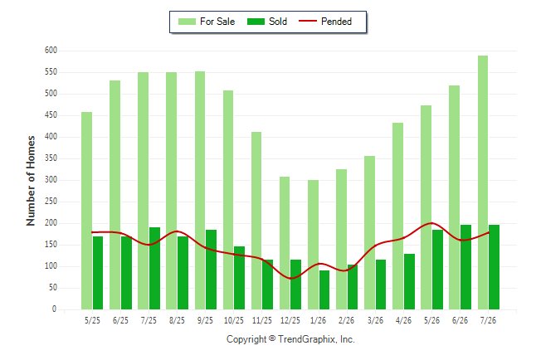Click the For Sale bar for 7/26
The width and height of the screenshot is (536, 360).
pyautogui.click(x=483, y=182)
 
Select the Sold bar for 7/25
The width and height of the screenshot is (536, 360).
pyautogui.click(x=154, y=269)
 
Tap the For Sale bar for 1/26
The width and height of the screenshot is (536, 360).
pyautogui.click(x=313, y=245)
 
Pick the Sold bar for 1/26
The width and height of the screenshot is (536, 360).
pyautogui.click(x=324, y=290)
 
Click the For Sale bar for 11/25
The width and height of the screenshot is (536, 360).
pyautogui.click(x=256, y=221)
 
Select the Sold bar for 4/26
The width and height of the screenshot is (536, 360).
pyautogui.click(x=410, y=282)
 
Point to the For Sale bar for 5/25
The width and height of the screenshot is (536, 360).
pyautogui.click(x=87, y=211)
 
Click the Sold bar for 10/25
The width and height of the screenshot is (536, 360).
pyautogui.click(x=239, y=278)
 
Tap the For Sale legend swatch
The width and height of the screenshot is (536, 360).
pyautogui.click(x=187, y=22)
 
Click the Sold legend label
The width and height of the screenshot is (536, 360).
pyautogui.click(x=278, y=22)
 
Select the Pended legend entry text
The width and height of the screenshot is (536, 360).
pyautogui.click(x=336, y=22)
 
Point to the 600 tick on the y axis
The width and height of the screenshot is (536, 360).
pyautogui.click(x=51, y=51)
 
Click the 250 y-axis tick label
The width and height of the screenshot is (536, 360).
pyautogui.click(x=51, y=202)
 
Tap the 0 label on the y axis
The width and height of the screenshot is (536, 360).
pyautogui.click(x=55, y=309)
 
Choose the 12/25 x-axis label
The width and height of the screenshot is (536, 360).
pyautogui.click(x=290, y=320)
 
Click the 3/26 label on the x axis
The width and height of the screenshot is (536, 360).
pyautogui.click(x=375, y=320)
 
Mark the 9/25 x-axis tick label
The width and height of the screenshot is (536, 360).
pyautogui.click(x=205, y=320)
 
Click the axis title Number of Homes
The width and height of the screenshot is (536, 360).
pyautogui.click(x=31, y=181)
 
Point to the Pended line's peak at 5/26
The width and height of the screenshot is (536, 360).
pyautogui.click(x=431, y=223)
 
